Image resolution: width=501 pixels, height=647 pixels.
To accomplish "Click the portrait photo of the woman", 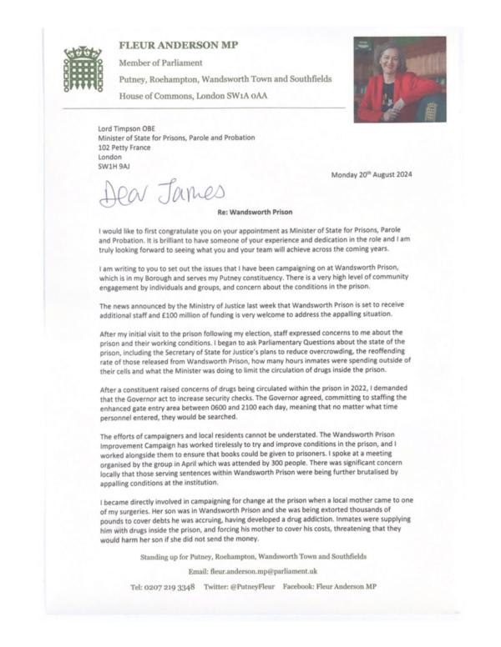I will (398, 80).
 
